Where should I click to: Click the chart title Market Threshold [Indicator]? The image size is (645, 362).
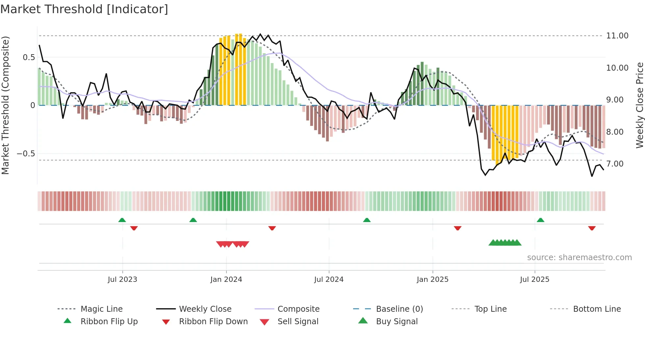click(84, 9)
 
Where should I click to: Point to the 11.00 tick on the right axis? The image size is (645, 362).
click(617, 36)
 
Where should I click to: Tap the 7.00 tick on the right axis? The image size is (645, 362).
click(615, 164)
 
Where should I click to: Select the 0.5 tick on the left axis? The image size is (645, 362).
click(29, 57)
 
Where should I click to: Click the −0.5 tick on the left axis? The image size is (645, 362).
click(26, 154)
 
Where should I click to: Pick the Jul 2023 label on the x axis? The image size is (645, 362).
click(122, 280)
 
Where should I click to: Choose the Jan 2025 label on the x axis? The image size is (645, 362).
click(432, 280)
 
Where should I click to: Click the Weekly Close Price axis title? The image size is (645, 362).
click(639, 105)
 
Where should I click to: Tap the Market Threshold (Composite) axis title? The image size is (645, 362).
click(5, 105)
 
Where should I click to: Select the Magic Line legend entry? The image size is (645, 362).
click(101, 309)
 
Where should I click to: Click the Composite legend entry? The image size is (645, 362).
click(298, 309)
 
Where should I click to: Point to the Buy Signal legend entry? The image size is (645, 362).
click(397, 322)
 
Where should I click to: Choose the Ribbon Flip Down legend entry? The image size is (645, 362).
click(213, 322)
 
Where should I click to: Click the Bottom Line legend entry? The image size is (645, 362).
click(597, 309)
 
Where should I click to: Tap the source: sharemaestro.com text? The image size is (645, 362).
click(579, 258)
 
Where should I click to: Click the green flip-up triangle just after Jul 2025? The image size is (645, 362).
click(540, 220)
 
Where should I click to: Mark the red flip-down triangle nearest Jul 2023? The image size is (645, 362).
click(134, 228)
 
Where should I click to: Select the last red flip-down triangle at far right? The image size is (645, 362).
click(592, 228)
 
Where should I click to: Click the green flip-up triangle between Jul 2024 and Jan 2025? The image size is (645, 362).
click(367, 220)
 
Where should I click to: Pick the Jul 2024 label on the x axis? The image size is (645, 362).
click(329, 280)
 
